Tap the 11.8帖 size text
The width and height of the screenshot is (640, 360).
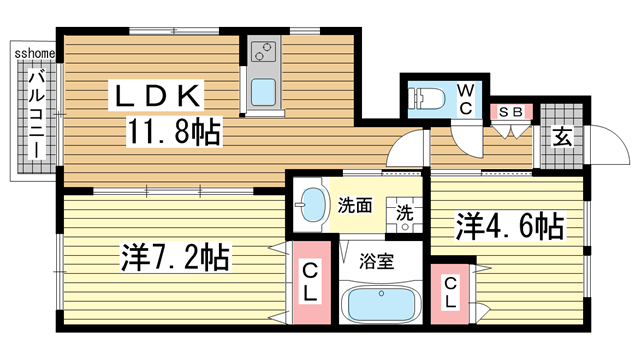click(173, 131)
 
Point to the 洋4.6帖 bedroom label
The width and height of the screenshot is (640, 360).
click(510, 226)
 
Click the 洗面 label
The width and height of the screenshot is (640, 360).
click(354, 207)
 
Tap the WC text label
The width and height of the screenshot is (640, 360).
click(466, 98)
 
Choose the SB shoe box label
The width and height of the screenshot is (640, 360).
click(510, 111)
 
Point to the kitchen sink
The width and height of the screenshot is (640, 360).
click(265, 93)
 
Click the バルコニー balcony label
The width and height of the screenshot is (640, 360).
click(35, 112)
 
